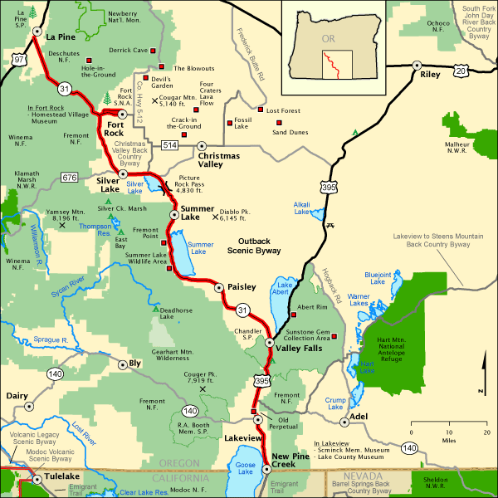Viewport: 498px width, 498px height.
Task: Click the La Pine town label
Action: coord(61,37)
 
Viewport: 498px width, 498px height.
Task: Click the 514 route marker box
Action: coord(170,145)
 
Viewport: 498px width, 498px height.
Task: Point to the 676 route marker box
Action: coord(70,178)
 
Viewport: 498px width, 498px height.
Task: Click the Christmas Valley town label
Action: coord(219,160)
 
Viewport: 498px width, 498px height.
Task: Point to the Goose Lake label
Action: coord(246,470)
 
